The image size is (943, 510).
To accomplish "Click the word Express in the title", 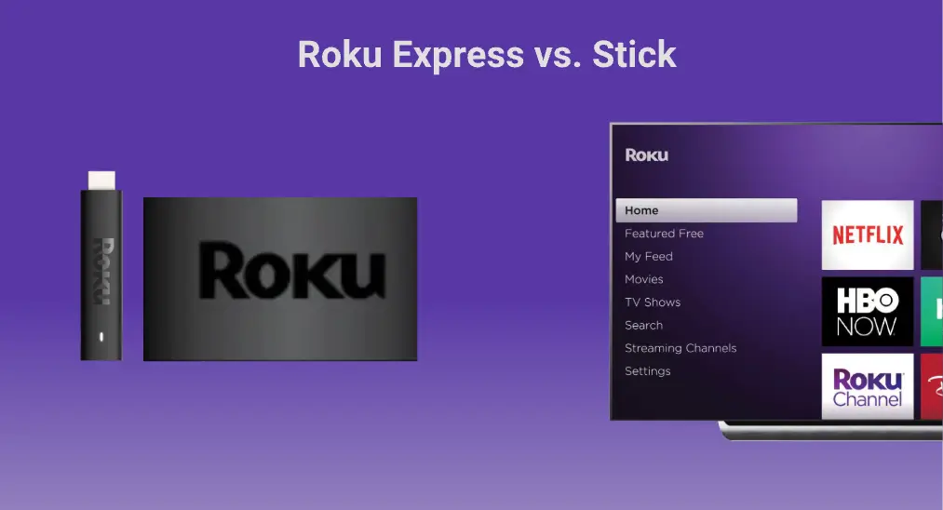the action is pos(458,55).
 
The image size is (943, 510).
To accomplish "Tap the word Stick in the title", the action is pos(634,54).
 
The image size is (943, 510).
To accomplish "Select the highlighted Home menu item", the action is pos(706,210).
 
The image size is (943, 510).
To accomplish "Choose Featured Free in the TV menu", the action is pos(664,234).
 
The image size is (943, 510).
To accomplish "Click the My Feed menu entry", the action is pos(648,256).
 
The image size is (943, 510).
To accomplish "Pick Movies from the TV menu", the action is pos(643,279).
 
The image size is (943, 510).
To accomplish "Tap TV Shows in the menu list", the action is pos(653,302).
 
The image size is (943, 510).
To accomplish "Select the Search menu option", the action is pos(643,326).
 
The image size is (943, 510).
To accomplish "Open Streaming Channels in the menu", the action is pos(680,348).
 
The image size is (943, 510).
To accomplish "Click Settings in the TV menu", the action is pos(647,371).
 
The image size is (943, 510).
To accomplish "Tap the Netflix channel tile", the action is pos(868,235).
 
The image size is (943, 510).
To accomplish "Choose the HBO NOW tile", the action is pos(868,312).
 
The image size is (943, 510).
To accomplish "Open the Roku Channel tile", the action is pos(868,386).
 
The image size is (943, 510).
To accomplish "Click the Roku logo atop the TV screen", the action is pos(646,155).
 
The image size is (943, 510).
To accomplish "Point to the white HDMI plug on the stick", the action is pos(101,181).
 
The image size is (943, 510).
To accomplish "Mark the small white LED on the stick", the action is pos(101,337).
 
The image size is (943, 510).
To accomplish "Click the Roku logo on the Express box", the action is pos(292,271).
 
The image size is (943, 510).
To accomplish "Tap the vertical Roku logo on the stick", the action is pos(102,271).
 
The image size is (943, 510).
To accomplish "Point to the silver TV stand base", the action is pos(830,431).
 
